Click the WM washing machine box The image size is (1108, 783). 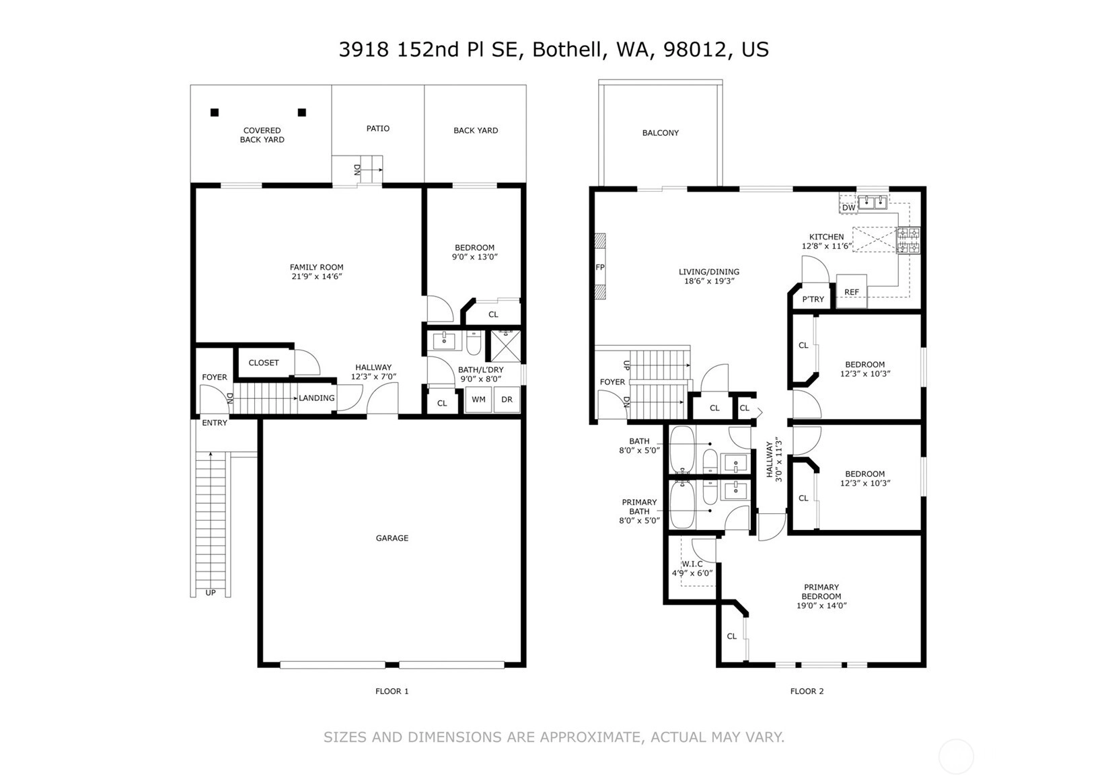coord(478,400)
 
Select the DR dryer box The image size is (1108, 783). coord(507,400)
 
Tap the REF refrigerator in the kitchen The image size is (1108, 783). coord(851,291)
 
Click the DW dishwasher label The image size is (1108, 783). coord(849,208)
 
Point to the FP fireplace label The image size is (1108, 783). coord(600,267)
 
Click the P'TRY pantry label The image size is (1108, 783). coord(813,299)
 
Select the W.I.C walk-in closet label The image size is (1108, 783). coord(692,564)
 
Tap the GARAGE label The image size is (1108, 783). coord(392,538)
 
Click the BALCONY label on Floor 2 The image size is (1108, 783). coord(661,133)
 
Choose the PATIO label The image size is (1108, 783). coord(378,128)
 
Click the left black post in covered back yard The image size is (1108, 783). coord(214,112)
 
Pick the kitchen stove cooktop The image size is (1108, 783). coord(908,240)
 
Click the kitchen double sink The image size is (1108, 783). coord(873,202)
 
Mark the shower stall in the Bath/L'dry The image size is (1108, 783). coord(505,346)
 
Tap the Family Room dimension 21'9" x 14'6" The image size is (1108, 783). coord(317,276)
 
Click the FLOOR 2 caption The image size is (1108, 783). coord(807,691)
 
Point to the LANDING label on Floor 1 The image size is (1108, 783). coord(317,398)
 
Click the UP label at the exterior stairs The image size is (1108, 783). coord(210,593)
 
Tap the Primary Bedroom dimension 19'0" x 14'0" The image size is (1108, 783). coord(821,605)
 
